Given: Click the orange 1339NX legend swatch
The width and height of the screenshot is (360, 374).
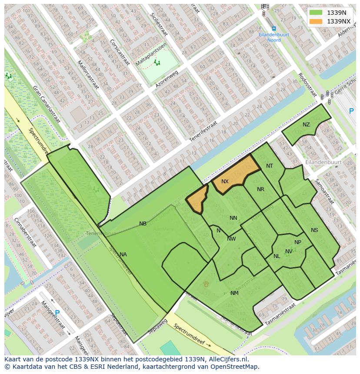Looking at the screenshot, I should (316, 21).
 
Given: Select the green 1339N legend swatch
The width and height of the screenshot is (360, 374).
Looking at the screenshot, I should (316, 13).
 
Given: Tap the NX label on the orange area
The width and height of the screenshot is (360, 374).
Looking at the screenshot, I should (225, 182).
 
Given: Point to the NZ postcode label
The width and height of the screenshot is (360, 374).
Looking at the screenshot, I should (306, 125).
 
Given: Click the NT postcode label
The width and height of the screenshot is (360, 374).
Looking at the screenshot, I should (270, 166).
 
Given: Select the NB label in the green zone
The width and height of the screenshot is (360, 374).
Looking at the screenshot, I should (143, 224).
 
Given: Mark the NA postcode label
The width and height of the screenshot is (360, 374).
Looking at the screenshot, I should (123, 255).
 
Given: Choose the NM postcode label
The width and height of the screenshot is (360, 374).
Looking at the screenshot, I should (234, 293).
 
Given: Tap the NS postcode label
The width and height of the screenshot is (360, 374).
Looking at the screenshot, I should (314, 230).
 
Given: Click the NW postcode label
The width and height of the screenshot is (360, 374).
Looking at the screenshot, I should (231, 239).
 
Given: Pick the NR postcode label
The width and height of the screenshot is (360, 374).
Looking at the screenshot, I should (260, 189).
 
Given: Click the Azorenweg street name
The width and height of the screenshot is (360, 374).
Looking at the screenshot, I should (167, 79).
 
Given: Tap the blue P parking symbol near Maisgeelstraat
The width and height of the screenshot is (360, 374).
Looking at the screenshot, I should (57, 312).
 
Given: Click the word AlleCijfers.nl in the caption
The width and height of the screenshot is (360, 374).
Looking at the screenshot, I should (228, 359).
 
